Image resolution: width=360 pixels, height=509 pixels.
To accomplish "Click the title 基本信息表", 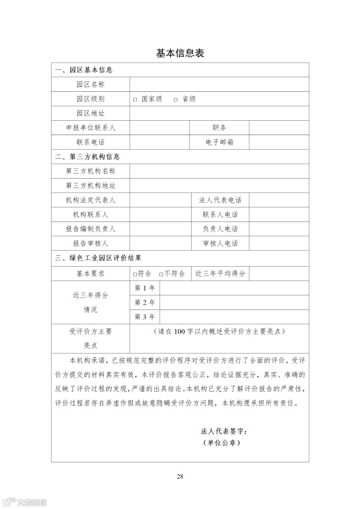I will pyautogui.click(x=180, y=53).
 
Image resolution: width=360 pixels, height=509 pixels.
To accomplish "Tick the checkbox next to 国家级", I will pyautogui.click(x=135, y=100).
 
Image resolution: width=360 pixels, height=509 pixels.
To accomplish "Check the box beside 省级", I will pyautogui.click(x=176, y=100).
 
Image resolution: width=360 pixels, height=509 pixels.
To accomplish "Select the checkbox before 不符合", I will pyautogui.click(x=161, y=274).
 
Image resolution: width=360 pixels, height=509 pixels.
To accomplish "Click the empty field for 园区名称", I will pyautogui.click(x=219, y=84).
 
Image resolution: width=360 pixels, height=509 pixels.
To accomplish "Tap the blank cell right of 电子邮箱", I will pyautogui.click(x=279, y=142).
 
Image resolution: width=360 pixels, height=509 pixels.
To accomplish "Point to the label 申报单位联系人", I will pyautogui.click(x=91, y=128).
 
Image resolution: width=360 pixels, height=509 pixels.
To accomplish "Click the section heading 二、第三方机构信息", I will pyautogui.click(x=87, y=157).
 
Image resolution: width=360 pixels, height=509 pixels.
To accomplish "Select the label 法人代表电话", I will pyautogui.click(x=220, y=200).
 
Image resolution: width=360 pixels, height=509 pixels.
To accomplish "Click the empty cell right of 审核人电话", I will pyautogui.click(x=279, y=243).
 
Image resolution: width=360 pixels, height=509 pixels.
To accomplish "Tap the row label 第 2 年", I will pyautogui.click(x=145, y=302).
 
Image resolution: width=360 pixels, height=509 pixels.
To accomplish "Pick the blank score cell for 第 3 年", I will pyautogui.click(x=234, y=317).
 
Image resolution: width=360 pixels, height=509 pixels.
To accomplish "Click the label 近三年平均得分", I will pyautogui.click(x=220, y=274).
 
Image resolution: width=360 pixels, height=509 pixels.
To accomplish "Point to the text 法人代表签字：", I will pyautogui.click(x=224, y=431).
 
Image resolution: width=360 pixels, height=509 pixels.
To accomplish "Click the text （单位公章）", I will pyautogui.click(x=222, y=443).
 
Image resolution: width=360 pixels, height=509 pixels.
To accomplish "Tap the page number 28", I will pyautogui.click(x=180, y=476).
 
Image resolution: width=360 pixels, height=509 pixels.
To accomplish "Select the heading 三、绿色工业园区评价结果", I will pyautogui.click(x=98, y=258).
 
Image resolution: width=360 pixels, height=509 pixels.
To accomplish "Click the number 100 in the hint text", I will pyautogui.click(x=179, y=331).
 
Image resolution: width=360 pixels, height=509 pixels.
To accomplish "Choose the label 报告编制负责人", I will pyautogui.click(x=91, y=229).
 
